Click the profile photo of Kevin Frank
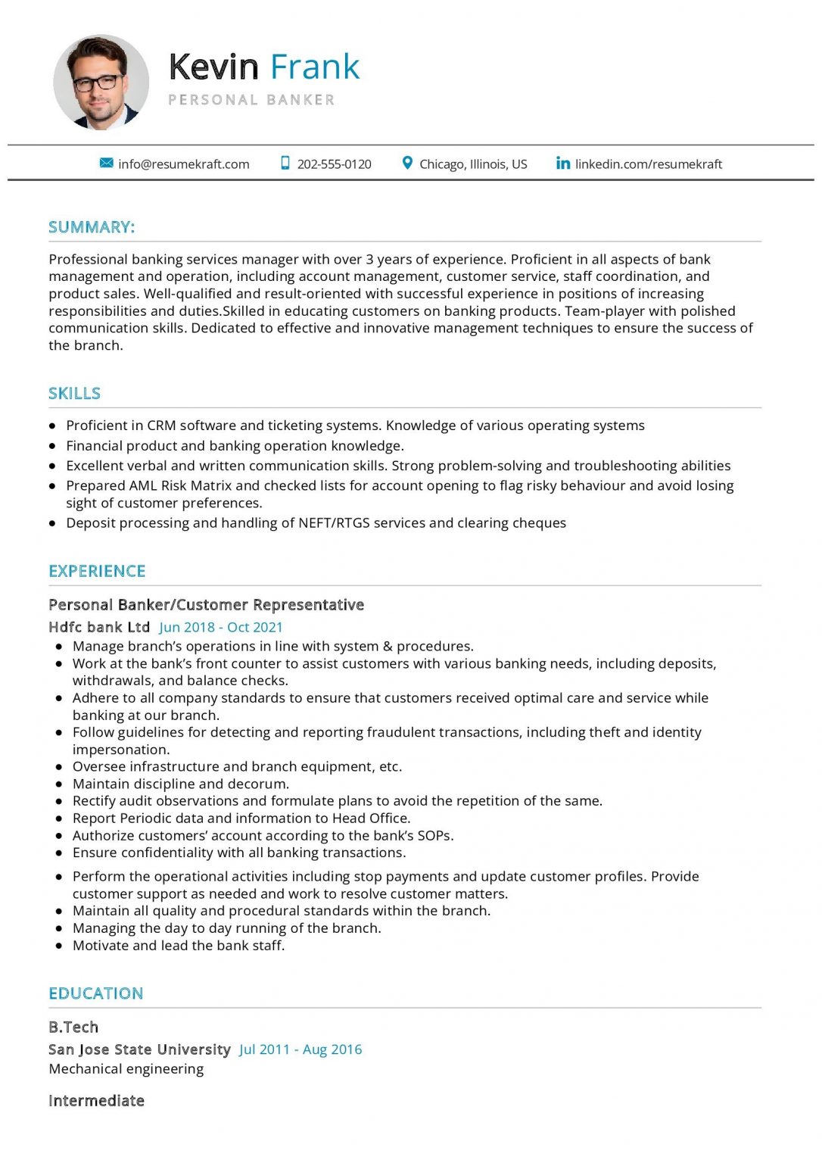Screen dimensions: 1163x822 101,82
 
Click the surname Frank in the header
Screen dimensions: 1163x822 315,67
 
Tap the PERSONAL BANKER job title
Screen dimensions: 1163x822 251,100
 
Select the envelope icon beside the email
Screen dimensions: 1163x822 107,164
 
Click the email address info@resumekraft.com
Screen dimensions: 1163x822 184,164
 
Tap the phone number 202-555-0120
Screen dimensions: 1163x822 334,164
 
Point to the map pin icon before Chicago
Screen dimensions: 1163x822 407,164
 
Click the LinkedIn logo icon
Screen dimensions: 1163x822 562,164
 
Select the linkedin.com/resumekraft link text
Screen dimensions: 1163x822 649,164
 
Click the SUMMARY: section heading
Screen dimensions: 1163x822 92,227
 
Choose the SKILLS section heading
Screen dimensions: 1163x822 74,394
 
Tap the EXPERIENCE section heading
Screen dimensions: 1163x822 97,571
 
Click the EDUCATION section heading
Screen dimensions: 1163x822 95,993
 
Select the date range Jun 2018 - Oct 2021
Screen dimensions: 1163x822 221,627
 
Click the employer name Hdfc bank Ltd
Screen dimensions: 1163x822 99,627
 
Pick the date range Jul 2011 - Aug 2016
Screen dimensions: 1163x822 300,1049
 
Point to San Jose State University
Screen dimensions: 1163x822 139,1049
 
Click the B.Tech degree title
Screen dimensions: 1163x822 73,1027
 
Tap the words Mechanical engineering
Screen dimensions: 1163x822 126,1069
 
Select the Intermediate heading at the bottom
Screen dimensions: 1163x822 96,1101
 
